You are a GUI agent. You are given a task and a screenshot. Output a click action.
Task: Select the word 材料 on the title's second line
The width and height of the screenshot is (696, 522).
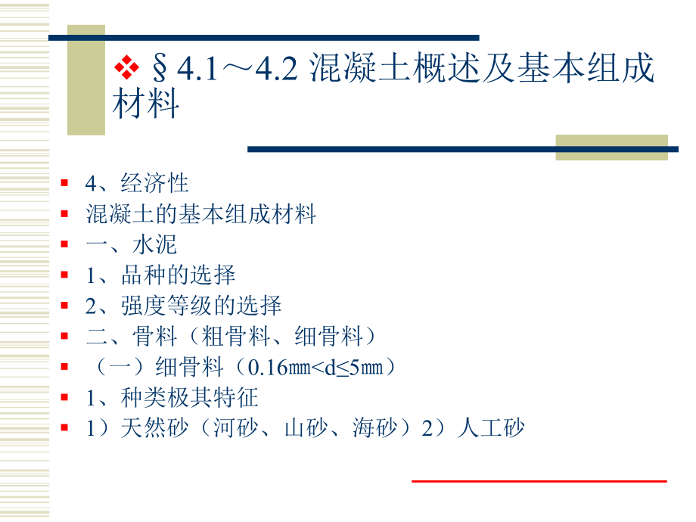click(x=146, y=105)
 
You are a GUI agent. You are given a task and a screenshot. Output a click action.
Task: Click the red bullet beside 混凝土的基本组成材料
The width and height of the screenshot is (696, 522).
click(x=65, y=214)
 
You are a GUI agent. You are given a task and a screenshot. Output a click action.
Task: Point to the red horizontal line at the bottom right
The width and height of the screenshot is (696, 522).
click(x=539, y=480)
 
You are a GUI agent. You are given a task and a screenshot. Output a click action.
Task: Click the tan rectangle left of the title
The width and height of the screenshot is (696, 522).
click(x=86, y=79)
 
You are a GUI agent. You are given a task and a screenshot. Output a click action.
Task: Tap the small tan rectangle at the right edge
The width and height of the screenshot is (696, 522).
click(x=611, y=147)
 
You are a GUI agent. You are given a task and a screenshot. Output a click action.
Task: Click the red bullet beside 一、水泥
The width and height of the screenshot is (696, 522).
click(x=65, y=245)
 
